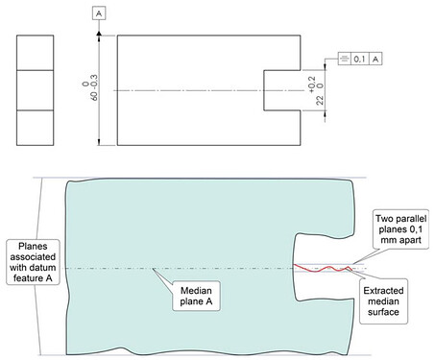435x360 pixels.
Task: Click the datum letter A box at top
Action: pos(99,13)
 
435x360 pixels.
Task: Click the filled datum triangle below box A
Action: pos(99,33)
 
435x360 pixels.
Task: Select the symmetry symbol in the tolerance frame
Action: pos(344,59)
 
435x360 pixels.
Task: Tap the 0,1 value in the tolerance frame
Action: pos(359,59)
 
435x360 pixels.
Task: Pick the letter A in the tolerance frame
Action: pos(375,59)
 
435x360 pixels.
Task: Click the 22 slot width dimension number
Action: pos(320,100)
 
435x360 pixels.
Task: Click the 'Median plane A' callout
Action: pos(196,296)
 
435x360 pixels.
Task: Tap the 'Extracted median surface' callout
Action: pos(383,301)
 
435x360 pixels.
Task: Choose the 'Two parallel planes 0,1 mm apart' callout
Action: pos(400,229)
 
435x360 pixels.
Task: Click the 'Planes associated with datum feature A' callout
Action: pos(33,262)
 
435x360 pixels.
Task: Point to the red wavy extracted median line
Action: pos(323,268)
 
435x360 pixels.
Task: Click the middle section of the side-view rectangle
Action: pos(36,90)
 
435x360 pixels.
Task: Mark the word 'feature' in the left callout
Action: pos(28,278)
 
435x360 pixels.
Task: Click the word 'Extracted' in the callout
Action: pos(383,291)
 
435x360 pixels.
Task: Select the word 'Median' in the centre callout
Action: pos(196,291)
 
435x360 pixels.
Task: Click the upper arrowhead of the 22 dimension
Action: pos(326,66)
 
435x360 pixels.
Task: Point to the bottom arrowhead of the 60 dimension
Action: pos(99,141)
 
